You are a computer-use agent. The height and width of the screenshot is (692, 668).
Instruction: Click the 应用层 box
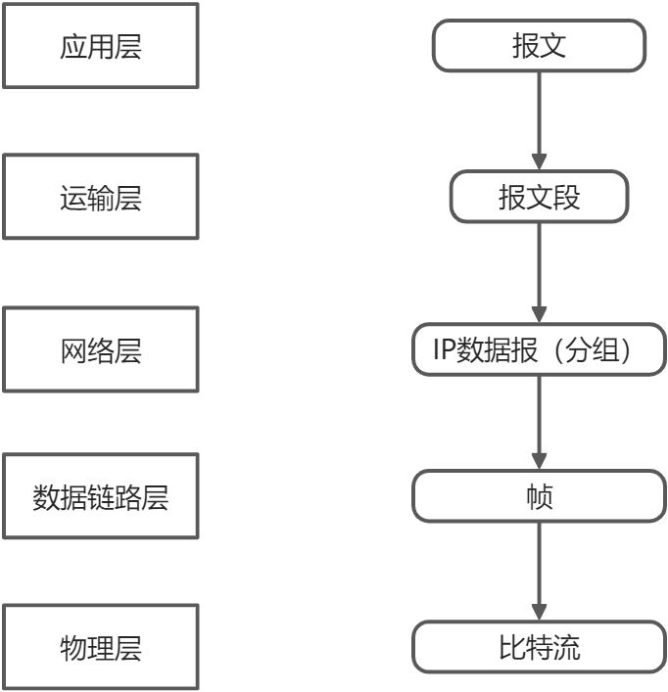[100, 46]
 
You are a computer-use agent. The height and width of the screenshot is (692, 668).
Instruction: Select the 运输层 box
[100, 197]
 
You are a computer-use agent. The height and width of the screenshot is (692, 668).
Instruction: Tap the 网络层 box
[100, 349]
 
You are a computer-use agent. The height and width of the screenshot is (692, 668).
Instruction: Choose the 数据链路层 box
[100, 496]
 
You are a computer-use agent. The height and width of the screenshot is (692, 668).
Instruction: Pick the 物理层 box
[100, 647]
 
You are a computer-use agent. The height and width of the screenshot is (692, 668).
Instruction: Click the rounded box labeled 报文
[539, 46]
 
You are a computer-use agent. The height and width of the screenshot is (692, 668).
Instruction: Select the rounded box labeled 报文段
[539, 197]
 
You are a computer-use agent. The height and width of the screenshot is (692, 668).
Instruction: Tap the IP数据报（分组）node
[539, 350]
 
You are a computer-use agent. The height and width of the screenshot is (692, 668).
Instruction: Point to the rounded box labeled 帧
[539, 496]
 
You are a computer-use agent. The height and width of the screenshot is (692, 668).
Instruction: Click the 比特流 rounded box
[539, 647]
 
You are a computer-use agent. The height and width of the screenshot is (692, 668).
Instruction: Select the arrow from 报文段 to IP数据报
[539, 269]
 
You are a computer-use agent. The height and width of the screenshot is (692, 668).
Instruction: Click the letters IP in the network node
[447, 350]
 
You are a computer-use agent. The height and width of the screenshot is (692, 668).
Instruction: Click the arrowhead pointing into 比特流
[539, 612]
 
